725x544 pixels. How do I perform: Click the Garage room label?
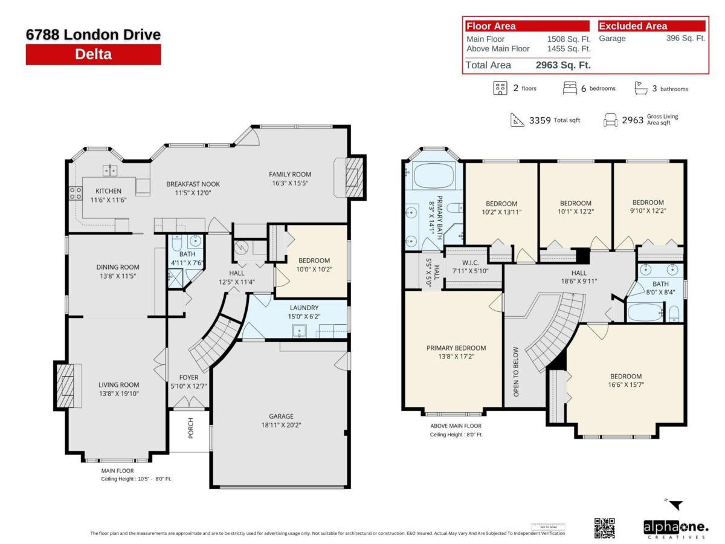(281, 416)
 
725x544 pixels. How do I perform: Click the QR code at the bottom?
(604, 528)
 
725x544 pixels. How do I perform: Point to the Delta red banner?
(93, 54)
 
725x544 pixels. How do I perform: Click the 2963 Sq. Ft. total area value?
(562, 65)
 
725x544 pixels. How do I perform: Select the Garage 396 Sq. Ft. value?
(685, 38)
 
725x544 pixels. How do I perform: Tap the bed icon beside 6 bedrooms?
(569, 88)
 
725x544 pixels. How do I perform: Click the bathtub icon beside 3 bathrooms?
(640, 88)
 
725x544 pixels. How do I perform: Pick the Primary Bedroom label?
(456, 348)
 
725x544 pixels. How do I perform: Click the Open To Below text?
(515, 372)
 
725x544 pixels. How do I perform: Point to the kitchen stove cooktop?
(76, 193)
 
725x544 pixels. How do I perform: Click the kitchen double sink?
(109, 171)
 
